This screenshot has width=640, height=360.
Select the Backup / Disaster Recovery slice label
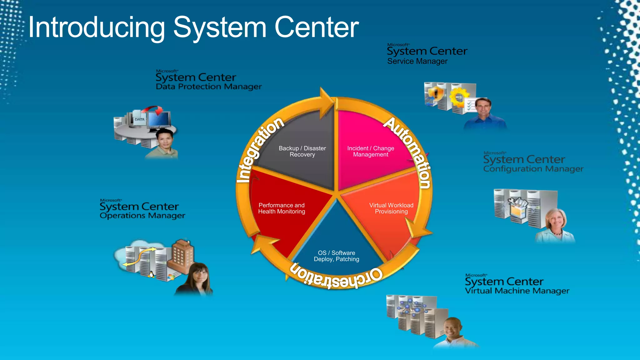point(302,151)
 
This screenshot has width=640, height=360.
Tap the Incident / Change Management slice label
point(371,151)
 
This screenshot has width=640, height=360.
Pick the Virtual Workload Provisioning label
point(391,208)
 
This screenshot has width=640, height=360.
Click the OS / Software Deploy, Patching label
point(337,256)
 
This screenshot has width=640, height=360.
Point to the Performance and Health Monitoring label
point(282,208)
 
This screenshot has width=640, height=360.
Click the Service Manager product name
point(417,61)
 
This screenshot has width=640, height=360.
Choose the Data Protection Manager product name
point(209,87)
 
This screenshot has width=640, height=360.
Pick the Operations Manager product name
point(142,216)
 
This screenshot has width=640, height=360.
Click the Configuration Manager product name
point(533,169)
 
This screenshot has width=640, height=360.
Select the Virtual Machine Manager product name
point(517,291)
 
